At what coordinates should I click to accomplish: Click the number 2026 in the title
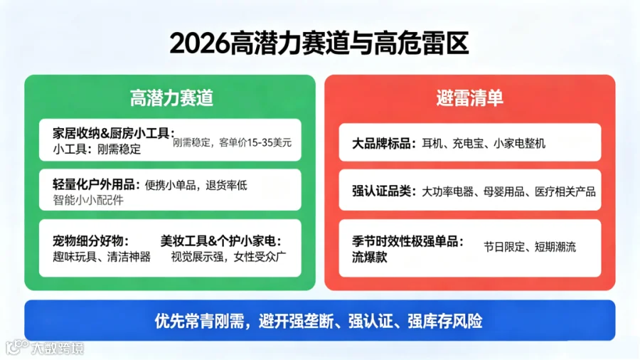(200, 43)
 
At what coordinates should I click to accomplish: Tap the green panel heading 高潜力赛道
(171, 98)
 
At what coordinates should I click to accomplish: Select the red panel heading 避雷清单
(470, 98)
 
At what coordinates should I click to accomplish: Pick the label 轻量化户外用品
(93, 184)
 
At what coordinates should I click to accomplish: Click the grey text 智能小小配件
(87, 200)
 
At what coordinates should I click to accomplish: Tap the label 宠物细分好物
(87, 240)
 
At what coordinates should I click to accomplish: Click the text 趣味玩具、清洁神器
(102, 257)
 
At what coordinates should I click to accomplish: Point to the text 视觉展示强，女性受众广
(228, 257)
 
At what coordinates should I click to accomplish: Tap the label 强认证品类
(381, 191)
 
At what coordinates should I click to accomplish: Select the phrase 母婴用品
(503, 191)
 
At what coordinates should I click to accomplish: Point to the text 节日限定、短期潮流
(530, 247)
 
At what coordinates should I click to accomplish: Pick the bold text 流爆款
(369, 257)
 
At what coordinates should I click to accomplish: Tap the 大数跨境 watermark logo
(45, 347)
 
